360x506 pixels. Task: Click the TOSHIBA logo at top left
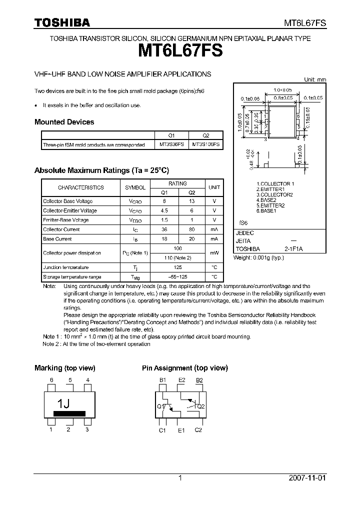click(x=62, y=22)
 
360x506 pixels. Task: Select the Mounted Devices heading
click(x=64, y=122)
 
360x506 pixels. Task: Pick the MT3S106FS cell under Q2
click(x=205, y=144)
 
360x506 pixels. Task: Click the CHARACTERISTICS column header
click(x=80, y=187)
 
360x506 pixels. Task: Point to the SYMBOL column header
click(x=135, y=187)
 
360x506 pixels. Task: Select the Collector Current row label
click(x=61, y=229)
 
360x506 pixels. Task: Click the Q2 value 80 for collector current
click(x=191, y=229)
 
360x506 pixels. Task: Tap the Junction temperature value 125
click(x=177, y=267)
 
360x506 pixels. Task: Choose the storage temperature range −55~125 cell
click(x=177, y=277)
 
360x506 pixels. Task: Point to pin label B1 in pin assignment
click(x=162, y=380)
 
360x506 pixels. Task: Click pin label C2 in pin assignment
click(x=198, y=430)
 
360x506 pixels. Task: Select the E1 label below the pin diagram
click(x=181, y=430)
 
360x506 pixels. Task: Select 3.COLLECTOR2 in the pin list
click(x=274, y=194)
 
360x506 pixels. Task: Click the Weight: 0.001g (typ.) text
click(x=258, y=258)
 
